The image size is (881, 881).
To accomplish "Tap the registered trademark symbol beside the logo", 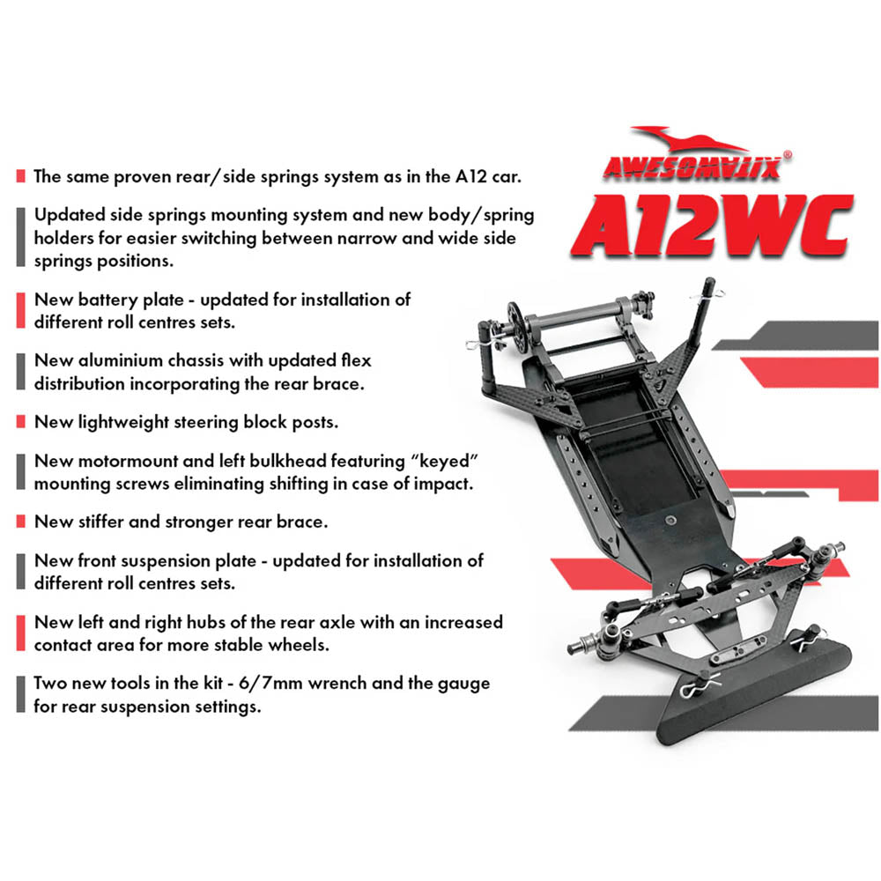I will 787,153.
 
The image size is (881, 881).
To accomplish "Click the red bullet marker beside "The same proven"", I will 20,176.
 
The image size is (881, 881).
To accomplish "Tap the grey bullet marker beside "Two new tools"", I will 20,695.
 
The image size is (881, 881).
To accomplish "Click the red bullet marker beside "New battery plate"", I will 20,311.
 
